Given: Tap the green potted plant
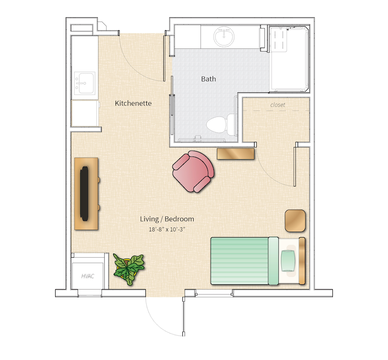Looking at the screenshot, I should click(128, 269).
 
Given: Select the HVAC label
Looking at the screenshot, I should click(88, 276).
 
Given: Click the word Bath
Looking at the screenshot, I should click(208, 79).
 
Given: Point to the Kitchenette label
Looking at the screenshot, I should click(133, 103).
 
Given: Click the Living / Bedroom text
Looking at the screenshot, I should click(167, 219).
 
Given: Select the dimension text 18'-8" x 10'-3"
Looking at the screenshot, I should click(167, 229).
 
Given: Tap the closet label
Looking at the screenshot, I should click(277, 105).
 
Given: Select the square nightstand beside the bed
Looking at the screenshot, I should click(295, 221).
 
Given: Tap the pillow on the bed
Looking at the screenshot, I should click(288, 261).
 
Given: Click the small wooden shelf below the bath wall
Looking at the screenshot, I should click(236, 154).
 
